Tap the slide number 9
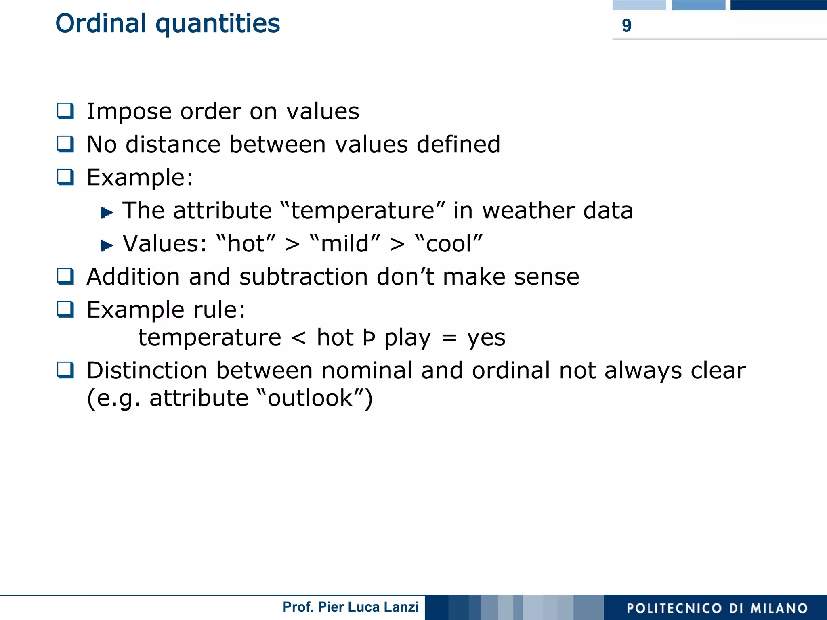[x=626, y=26]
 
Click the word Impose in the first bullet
[x=129, y=112]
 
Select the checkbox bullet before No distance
[x=65, y=144]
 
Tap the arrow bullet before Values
[x=106, y=245]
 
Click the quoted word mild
[x=345, y=244]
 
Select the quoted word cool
[x=449, y=244]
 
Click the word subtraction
[x=303, y=277]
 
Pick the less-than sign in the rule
[x=299, y=338]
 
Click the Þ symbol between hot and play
[x=369, y=338]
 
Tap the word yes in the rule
[x=486, y=338]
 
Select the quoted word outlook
[x=310, y=398]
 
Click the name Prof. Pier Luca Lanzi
[x=351, y=607]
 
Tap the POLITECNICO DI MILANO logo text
[x=717, y=608]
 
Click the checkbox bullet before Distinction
[x=65, y=370]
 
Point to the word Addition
[x=133, y=277]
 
